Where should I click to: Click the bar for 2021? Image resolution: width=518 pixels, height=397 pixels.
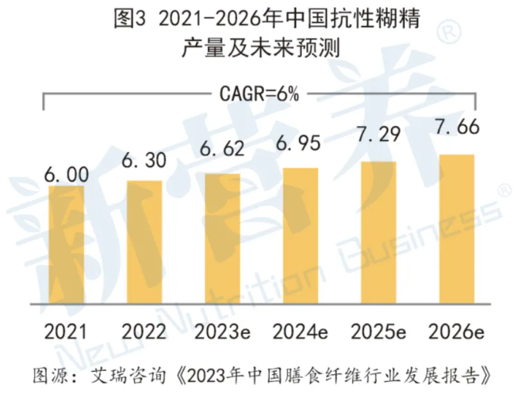coord(66,250)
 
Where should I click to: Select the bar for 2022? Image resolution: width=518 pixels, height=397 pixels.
coord(144,246)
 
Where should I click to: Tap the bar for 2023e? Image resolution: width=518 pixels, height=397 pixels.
coord(223,243)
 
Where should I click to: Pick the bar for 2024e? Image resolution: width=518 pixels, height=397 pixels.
coord(301,240)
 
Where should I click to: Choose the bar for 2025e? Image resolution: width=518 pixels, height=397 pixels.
coord(379,237)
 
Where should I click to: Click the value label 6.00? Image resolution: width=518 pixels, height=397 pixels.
coord(66,174)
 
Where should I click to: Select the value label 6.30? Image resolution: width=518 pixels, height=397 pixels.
coord(144,161)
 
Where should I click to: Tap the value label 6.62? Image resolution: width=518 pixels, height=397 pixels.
coord(223,151)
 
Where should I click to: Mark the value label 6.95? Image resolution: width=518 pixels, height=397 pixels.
coord(301,144)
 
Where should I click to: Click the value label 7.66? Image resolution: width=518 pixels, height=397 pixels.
coord(458,128)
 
